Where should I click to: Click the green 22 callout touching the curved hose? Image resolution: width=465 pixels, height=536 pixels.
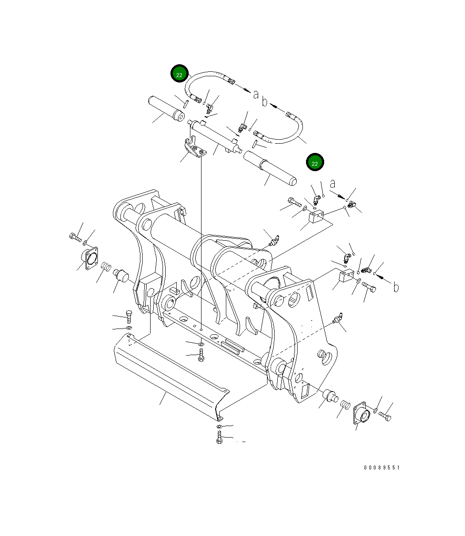(x=179, y=74)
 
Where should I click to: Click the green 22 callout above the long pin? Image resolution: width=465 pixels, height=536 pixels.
(x=315, y=163)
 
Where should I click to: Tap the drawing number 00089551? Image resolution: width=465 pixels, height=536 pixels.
(x=382, y=468)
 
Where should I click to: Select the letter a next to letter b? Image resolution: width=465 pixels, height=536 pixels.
(x=256, y=94)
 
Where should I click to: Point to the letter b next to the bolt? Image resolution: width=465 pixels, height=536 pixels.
(x=395, y=288)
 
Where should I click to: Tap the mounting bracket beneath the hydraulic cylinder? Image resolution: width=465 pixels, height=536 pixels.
(x=195, y=149)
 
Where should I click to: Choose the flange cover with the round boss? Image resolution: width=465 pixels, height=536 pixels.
(x=361, y=414)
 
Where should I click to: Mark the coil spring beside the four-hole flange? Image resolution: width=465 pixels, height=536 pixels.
(x=105, y=267)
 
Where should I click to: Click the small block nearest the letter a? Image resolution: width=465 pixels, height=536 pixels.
(x=316, y=217)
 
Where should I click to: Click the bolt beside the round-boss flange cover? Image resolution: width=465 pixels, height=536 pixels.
(x=385, y=416)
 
